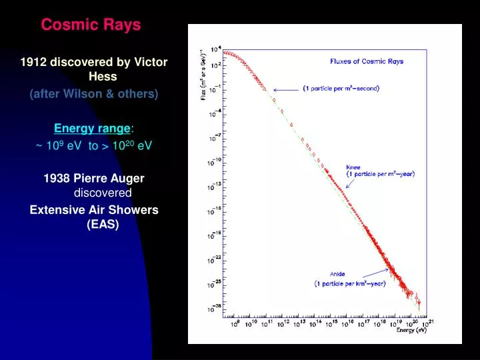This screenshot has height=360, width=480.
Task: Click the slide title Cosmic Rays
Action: pos(91,25)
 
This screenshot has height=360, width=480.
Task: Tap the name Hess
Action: pos(103,77)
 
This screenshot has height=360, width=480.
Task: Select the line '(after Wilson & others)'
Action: pos(94,94)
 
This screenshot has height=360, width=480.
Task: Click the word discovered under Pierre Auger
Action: pos(102,193)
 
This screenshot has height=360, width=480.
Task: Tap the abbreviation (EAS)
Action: pos(103,225)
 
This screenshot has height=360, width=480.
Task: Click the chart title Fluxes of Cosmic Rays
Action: pos(367,61)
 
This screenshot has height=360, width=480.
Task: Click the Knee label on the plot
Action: pos(353,167)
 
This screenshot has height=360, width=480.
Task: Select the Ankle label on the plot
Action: pos(337,274)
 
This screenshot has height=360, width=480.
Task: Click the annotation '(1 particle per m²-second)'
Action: pos(341,88)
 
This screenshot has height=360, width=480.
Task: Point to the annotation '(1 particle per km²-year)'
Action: pos(350,283)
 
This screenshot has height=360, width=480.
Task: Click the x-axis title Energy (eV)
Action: pos(411,330)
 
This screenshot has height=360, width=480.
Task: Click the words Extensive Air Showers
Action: pos(94,210)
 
